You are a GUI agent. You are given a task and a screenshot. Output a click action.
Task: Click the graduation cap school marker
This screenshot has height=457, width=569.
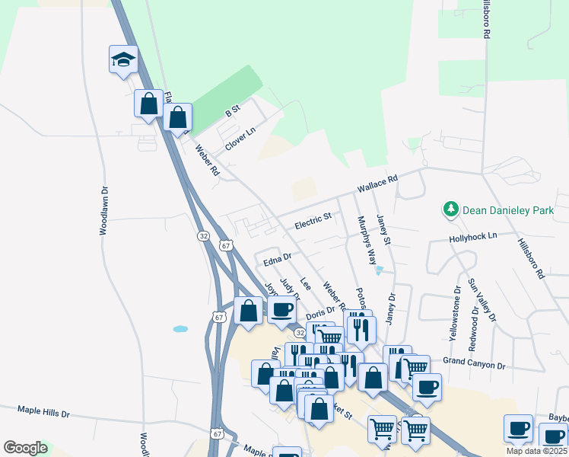pyautogui.click(x=122, y=60)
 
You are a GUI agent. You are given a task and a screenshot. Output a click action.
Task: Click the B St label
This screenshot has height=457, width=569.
pyautogui.click(x=232, y=112)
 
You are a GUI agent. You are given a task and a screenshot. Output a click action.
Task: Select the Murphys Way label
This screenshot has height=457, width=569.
pyautogui.click(x=367, y=240)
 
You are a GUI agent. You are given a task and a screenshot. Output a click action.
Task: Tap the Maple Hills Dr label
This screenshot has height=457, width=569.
pyautogui.click(x=43, y=413)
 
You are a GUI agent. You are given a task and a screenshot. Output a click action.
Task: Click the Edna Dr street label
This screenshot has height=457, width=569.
pyautogui.click(x=278, y=260)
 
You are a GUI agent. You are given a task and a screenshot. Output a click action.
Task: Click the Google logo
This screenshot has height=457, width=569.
pyautogui.click(x=25, y=448)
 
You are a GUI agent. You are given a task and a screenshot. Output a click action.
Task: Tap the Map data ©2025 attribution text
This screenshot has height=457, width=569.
pyautogui.click(x=536, y=451)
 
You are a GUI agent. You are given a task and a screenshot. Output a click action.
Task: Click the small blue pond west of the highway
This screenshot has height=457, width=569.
pyautogui.click(x=180, y=329)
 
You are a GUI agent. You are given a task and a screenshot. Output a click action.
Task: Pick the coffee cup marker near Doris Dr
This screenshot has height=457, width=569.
pyautogui.click(x=281, y=309)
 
